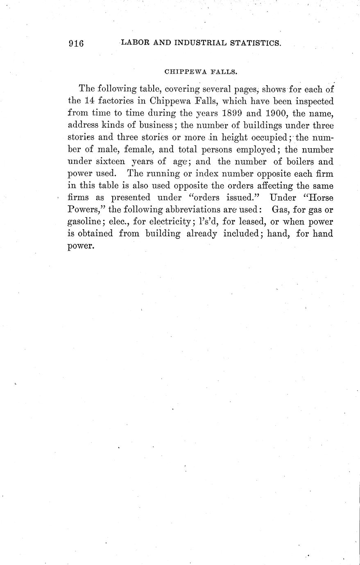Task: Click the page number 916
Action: tap(76, 43)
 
